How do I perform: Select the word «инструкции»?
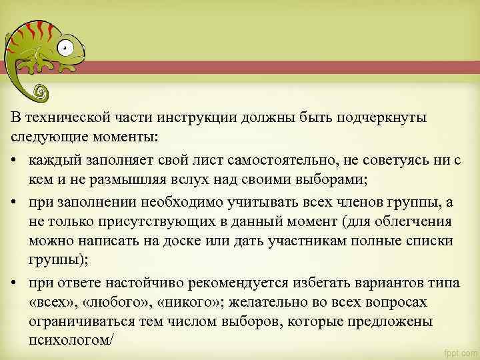click(193, 118)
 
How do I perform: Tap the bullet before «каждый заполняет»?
click(14, 161)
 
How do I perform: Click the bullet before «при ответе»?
click(14, 283)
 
